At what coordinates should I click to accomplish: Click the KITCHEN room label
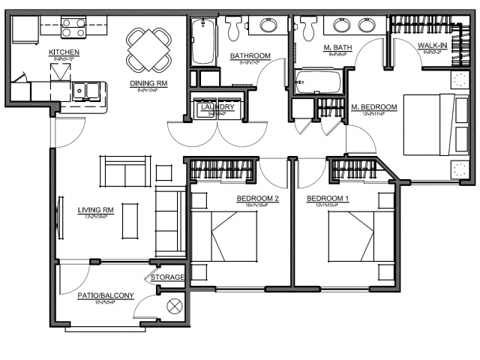point(64,52)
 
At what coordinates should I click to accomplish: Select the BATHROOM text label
point(250,55)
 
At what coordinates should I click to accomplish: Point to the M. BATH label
point(338,48)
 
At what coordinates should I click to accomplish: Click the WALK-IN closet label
point(433,46)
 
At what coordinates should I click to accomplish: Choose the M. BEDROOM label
point(374,106)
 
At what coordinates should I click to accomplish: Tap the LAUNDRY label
point(217,108)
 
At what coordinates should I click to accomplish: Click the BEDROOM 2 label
point(257,199)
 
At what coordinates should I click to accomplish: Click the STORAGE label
point(167,277)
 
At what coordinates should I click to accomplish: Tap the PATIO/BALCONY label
point(106,295)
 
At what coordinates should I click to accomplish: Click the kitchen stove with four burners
point(74,28)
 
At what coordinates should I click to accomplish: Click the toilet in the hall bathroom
point(234,28)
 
